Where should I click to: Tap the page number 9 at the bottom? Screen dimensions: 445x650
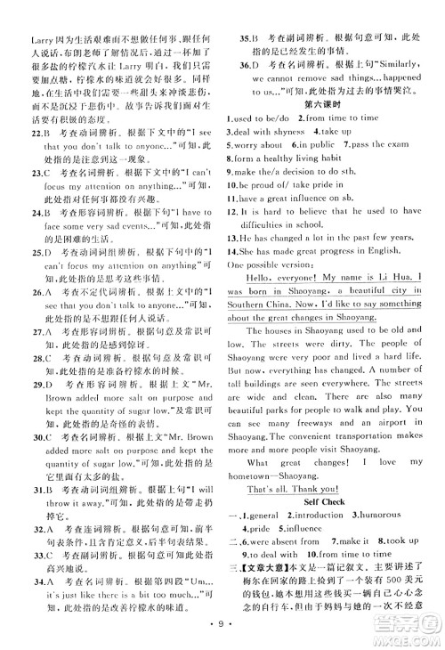222,633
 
